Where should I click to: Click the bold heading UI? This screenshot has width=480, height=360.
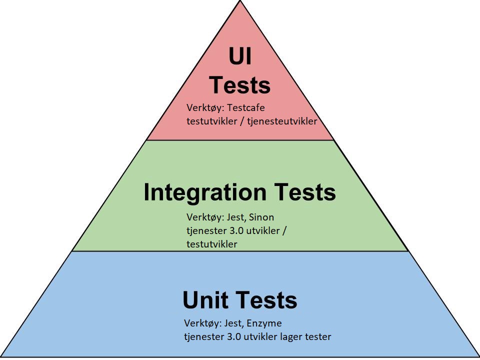pyautogui.click(x=240, y=57)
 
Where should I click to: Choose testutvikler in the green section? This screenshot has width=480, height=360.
pyautogui.click(x=212, y=244)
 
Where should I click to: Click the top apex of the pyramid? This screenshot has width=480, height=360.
pyautogui.click(x=240, y=1)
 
